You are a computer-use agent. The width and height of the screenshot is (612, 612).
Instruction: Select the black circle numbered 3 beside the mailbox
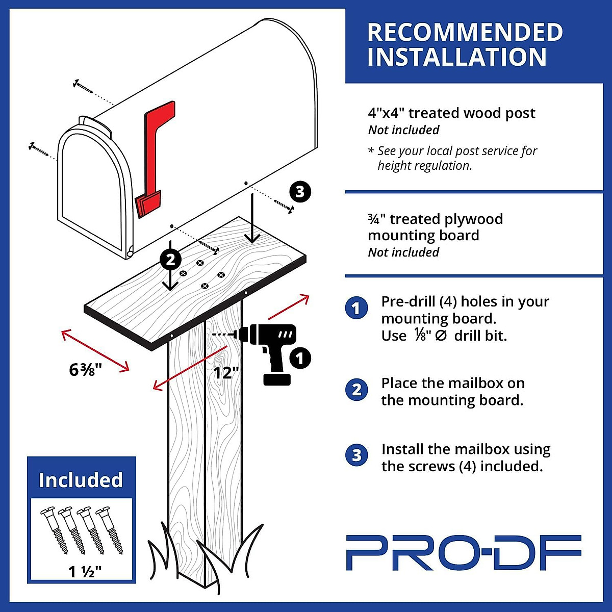300,192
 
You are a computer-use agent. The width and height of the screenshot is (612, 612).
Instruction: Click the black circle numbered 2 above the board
170,260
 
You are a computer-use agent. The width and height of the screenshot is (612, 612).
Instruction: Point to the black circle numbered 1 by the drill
300,358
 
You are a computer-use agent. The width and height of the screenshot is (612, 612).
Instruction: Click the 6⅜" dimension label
86,369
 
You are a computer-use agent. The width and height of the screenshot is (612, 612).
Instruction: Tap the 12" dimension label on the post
226,373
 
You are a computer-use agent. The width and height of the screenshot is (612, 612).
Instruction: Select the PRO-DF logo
463,552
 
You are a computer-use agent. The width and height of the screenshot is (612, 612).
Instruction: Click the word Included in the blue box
81,480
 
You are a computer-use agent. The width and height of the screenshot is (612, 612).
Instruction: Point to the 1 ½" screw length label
85,572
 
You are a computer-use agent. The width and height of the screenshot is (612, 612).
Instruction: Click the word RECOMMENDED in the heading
465,33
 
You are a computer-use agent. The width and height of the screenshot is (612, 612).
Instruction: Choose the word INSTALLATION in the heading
457,57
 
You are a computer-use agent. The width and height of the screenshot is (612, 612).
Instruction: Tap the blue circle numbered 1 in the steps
356,308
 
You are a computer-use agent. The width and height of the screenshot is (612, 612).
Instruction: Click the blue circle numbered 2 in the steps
356,390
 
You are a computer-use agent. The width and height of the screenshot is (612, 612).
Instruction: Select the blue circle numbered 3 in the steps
356,455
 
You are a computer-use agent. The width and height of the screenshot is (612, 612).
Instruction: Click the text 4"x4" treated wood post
451,113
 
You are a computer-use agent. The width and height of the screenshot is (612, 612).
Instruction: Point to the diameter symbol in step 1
441,336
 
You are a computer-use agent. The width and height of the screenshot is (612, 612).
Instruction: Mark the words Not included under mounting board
403,252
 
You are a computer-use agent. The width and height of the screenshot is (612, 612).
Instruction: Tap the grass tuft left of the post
158,553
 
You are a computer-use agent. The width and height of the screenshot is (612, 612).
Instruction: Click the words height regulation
425,166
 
